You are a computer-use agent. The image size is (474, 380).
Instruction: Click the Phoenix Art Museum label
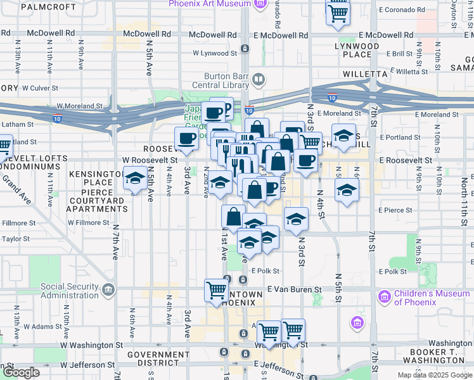[210, 4]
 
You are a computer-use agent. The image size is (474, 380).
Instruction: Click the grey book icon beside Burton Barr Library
[258, 80]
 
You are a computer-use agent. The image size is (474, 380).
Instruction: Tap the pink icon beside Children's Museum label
[384, 296]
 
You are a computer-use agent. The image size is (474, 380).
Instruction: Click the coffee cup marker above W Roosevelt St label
[186, 139]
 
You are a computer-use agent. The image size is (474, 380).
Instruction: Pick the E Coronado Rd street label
[406, 10]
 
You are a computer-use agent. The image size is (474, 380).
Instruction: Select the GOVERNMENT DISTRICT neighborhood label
[153, 358]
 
